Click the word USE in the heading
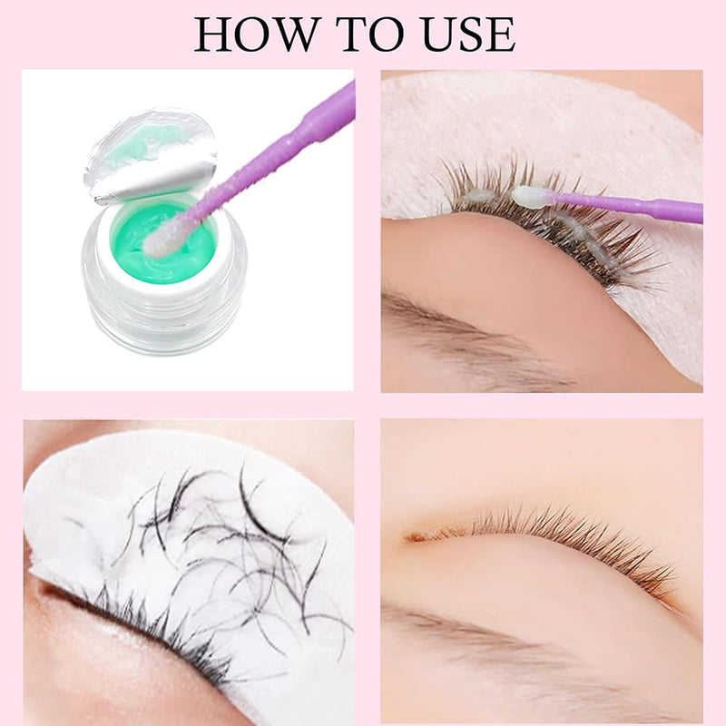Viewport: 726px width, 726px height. coord(469,34)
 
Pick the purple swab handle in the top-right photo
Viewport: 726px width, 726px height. coord(626,205)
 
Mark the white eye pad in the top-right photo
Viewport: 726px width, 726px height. coord(546,139)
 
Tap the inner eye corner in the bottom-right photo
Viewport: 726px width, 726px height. coord(416,538)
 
